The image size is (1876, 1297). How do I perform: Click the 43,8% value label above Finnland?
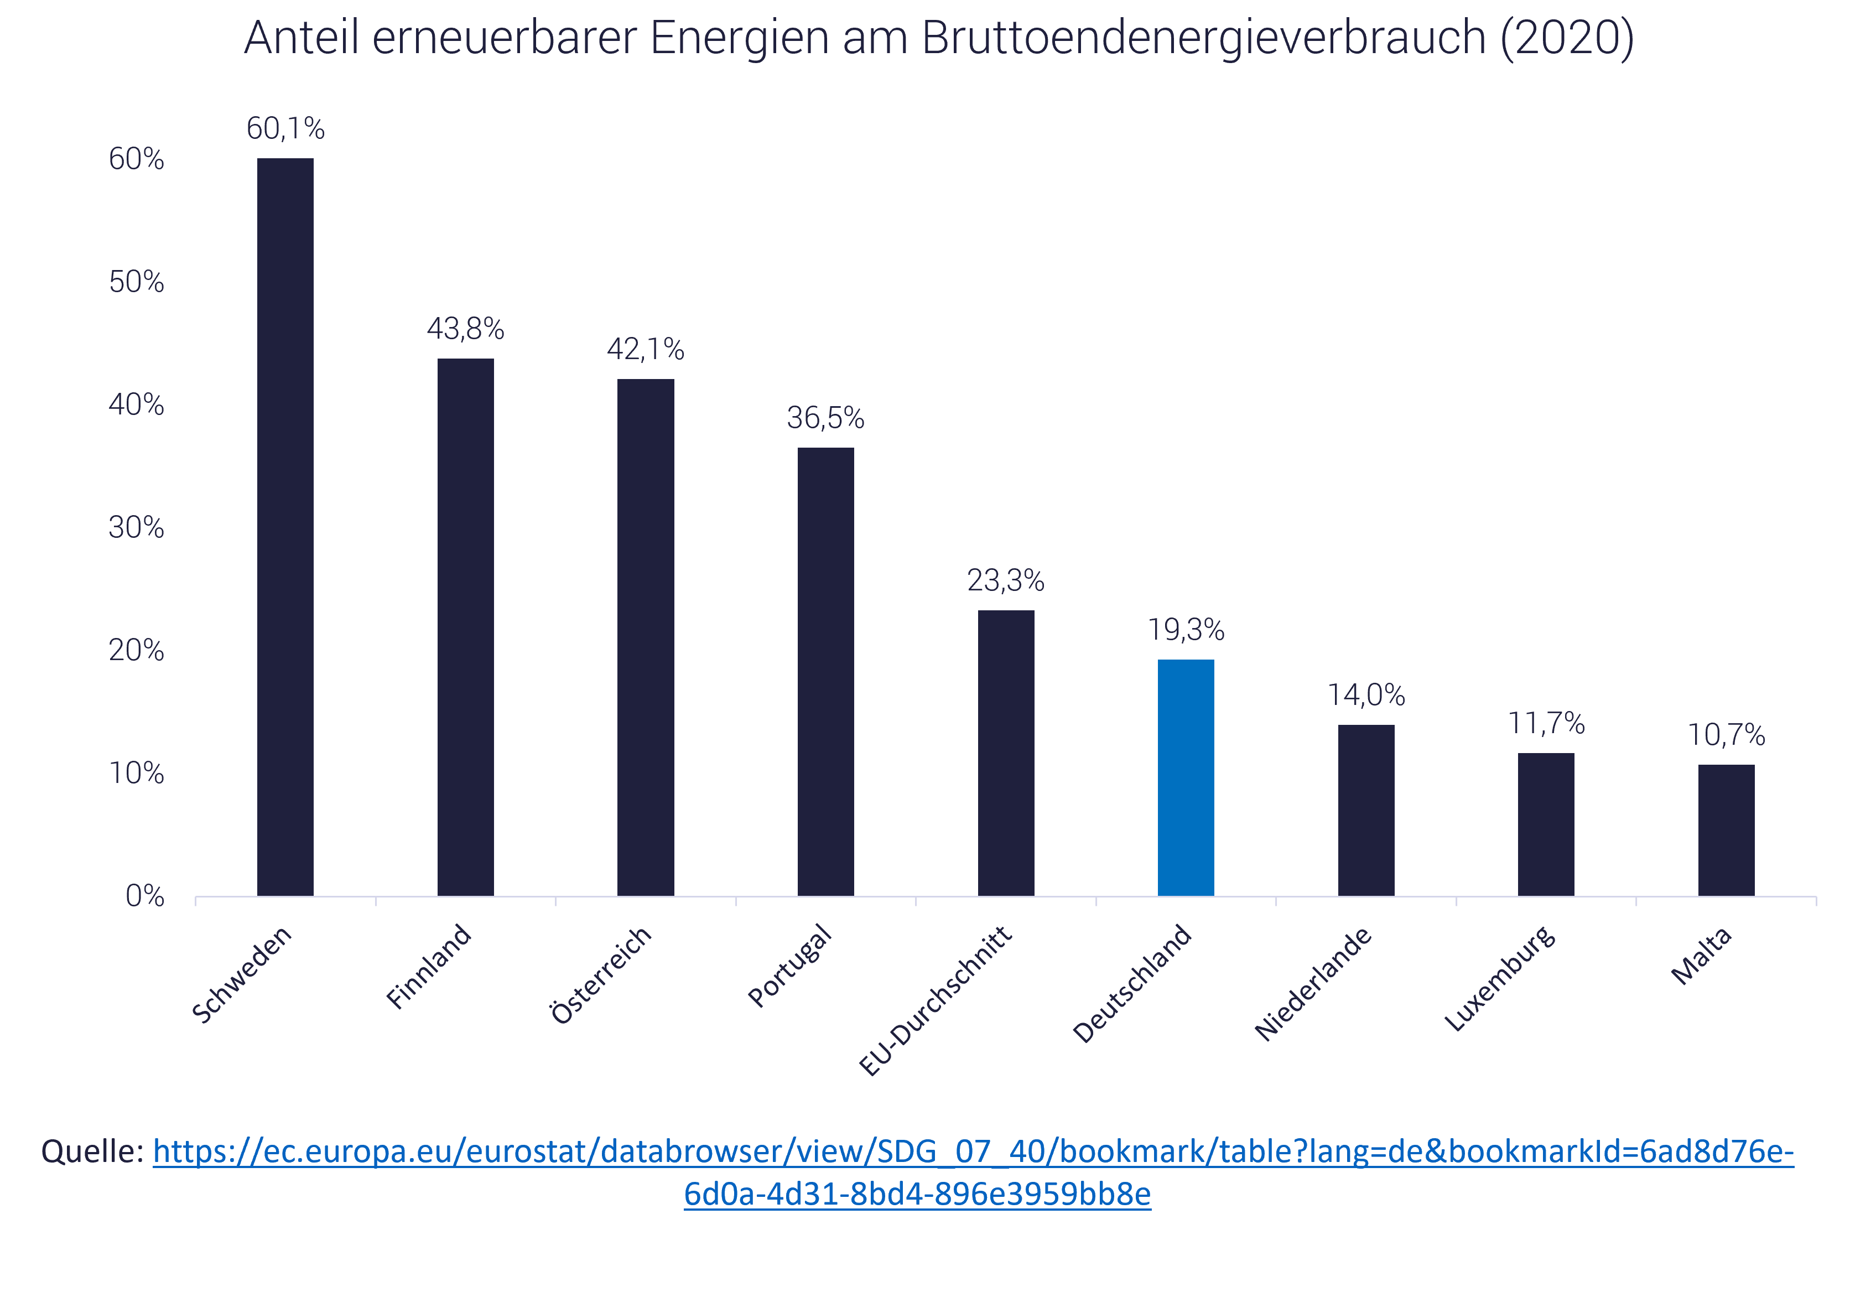tap(466, 329)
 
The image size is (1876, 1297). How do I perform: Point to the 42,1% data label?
tap(646, 350)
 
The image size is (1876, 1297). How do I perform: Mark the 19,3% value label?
tap(1186, 630)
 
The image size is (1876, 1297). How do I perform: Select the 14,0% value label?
tap(1366, 695)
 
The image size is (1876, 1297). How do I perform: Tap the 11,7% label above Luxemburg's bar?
tap(1546, 723)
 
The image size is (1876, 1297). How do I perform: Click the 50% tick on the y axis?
tap(137, 282)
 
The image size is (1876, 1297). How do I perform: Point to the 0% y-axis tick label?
tap(144, 896)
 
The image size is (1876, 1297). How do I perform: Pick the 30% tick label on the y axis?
tap(137, 528)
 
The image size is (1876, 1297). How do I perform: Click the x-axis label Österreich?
tap(601, 974)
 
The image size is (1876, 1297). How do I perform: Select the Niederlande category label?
tap(1314, 983)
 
